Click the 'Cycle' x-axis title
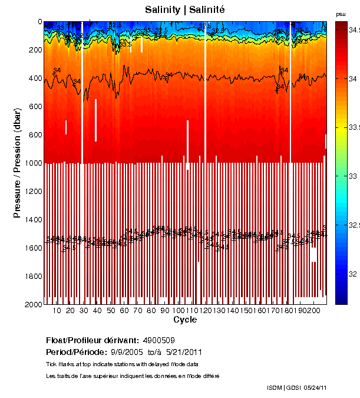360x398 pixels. [x=185, y=320]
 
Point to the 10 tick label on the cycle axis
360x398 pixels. [x=57, y=311]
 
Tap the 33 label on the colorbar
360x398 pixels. [x=353, y=176]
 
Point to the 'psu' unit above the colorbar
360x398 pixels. [x=341, y=14]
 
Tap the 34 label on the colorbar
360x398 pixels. [x=353, y=78]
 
